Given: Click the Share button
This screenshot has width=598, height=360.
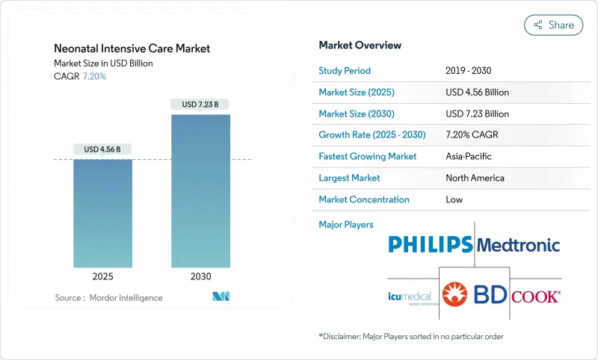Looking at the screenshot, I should tap(554, 25).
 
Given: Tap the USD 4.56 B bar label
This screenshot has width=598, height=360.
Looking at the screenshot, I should tap(102, 149).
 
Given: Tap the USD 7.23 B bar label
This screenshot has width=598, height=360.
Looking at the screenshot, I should tap(200, 105).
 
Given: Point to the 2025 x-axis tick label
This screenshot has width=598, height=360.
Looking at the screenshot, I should tap(102, 276).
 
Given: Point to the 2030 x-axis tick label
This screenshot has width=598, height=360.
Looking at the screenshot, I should tap(200, 276).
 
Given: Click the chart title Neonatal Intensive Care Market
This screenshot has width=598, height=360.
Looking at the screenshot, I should tap(132, 49).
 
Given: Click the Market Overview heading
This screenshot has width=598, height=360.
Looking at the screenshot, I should tap(360, 45).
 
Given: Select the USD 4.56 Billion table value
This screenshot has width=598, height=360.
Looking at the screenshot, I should tap(477, 93).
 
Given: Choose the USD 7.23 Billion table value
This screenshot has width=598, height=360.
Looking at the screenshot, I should tap(477, 114).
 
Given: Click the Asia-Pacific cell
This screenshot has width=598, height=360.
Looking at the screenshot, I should tap(468, 157).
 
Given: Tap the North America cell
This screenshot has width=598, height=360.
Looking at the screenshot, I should tap(475, 179).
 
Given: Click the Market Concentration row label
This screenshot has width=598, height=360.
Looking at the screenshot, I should tap(364, 200).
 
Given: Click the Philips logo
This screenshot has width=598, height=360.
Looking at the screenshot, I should tap(431, 244).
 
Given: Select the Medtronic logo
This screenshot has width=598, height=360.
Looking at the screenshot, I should tap(518, 245).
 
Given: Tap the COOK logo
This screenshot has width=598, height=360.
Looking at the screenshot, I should tap(535, 296).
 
